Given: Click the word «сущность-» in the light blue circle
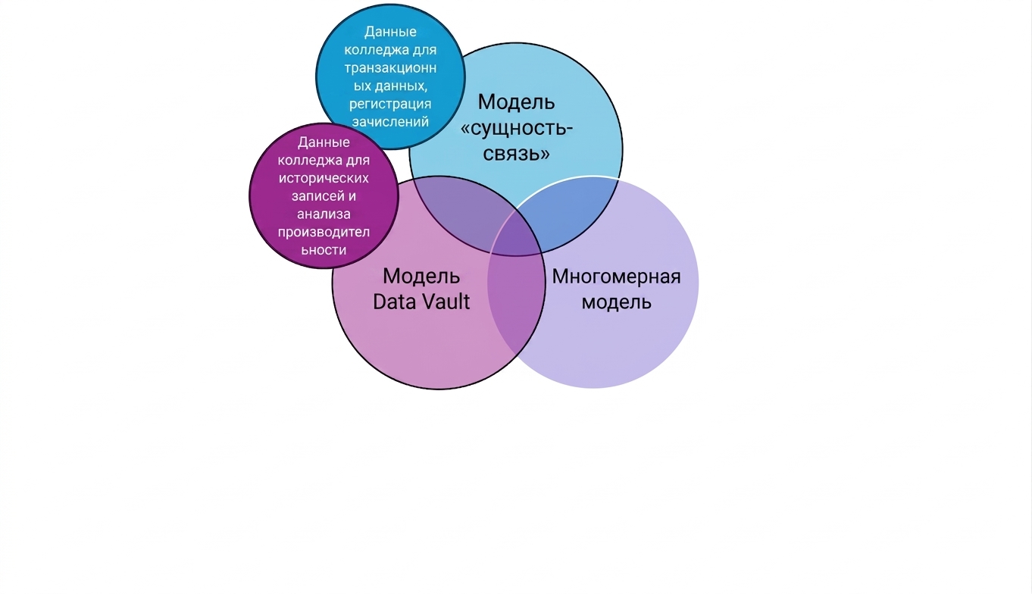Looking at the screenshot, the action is click(x=517, y=128).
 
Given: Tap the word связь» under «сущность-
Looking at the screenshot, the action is click(x=517, y=153).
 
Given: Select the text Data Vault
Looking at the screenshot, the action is click(x=421, y=302).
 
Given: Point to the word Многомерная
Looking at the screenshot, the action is click(x=617, y=277).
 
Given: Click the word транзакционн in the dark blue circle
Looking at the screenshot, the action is click(x=390, y=68).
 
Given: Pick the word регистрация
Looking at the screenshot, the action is click(x=390, y=105).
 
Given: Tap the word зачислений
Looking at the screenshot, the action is click(x=390, y=122).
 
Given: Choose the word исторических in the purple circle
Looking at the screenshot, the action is click(x=324, y=179).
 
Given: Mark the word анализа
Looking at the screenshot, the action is click(x=324, y=214).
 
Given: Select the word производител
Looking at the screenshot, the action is click(x=324, y=233).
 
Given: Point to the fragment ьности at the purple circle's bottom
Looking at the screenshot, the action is click(x=324, y=250).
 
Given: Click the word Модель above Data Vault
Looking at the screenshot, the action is click(x=421, y=277).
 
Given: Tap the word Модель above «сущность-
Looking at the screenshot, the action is click(x=517, y=102).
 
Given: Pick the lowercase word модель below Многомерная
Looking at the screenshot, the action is click(x=617, y=302).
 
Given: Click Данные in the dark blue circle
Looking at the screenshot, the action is click(x=390, y=32).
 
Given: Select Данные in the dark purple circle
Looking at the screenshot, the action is click(x=324, y=142).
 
